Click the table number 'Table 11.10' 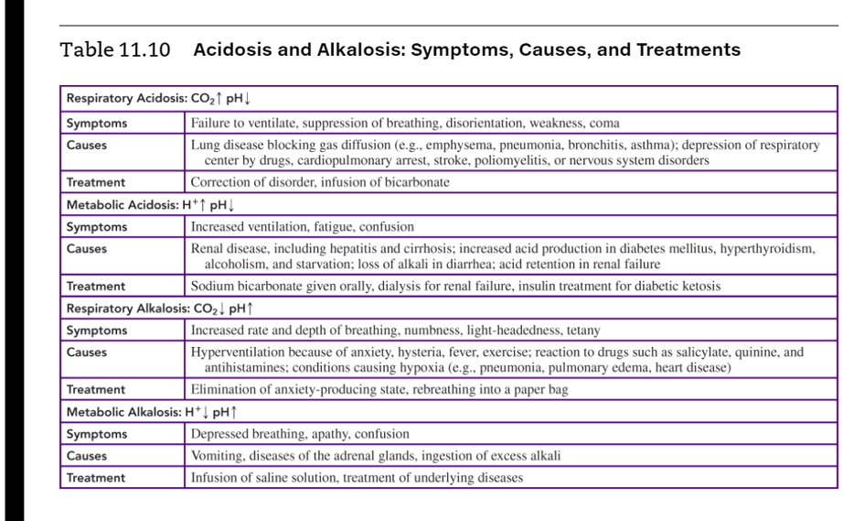coord(115,50)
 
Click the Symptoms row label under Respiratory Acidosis coord(97,123)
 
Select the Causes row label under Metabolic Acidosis coord(87,248)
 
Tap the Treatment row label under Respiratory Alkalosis coord(96,389)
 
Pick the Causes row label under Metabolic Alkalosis coord(87,455)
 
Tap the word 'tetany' coord(583,330)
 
